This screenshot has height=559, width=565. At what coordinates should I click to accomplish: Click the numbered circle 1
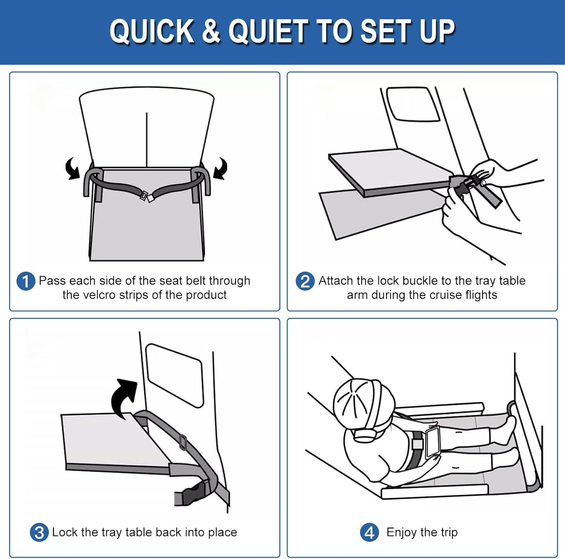point(26,282)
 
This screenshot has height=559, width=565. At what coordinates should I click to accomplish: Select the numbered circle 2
point(305,282)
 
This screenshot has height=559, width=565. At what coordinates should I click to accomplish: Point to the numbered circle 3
point(39,533)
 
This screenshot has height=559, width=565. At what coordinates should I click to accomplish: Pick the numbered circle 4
point(369,533)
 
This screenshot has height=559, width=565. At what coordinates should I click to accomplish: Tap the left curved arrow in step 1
point(73,168)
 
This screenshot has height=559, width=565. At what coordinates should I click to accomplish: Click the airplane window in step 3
point(174,375)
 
